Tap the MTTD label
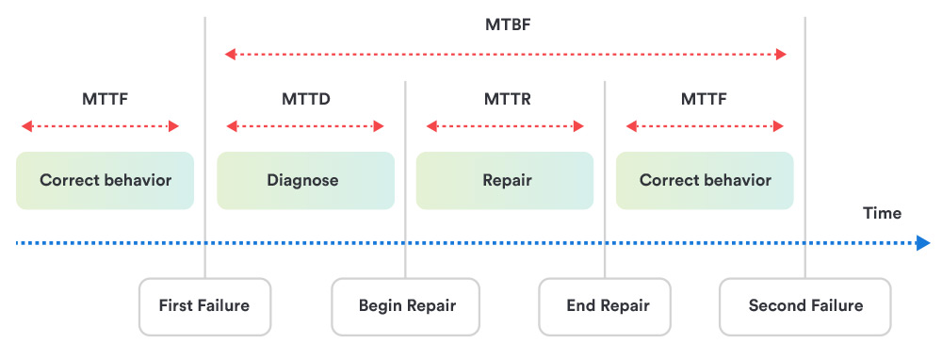tap(305, 98)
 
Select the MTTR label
tap(505, 98)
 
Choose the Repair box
tap(505, 180)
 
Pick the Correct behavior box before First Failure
tap(105, 180)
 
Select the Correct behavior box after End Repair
tap(705, 180)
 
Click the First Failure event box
tap(204, 306)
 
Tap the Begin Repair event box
tap(406, 306)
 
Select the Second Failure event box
tap(804, 306)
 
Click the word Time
tap(882, 214)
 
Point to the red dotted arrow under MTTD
tap(305, 126)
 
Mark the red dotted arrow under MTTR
tap(505, 126)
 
